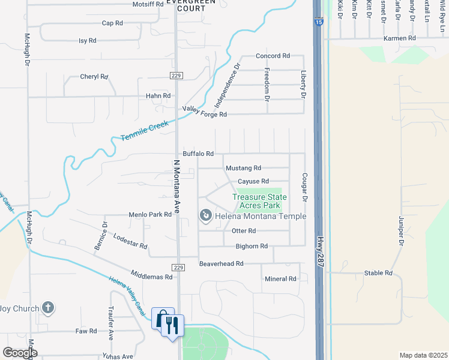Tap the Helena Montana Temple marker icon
(x=205, y=214)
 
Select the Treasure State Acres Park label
(x=259, y=201)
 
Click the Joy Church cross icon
(x=48, y=308)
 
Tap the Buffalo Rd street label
(x=199, y=154)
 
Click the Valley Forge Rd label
(x=205, y=111)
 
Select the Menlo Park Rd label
(x=150, y=214)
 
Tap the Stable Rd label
(x=378, y=273)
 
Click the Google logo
(x=20, y=353)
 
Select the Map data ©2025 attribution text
(x=423, y=355)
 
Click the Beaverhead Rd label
(x=221, y=263)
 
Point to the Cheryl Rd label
(x=94, y=77)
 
